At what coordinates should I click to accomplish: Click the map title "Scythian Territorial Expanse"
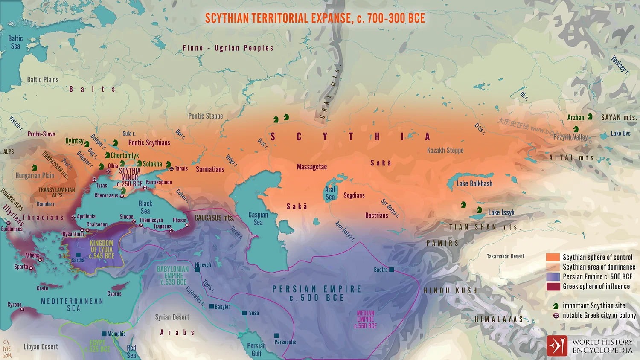pyautogui.click(x=315, y=18)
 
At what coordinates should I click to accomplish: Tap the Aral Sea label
pyautogui.click(x=330, y=193)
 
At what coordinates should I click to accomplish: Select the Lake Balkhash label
pyautogui.click(x=474, y=183)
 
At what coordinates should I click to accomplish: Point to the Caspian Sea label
pyautogui.click(x=258, y=218)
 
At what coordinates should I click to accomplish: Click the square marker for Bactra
pyautogui.click(x=391, y=270)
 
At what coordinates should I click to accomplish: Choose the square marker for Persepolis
pyautogui.click(x=277, y=336)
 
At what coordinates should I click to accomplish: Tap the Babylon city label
pyautogui.click(x=222, y=307)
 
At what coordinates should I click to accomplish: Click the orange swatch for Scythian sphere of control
pyautogui.click(x=553, y=257)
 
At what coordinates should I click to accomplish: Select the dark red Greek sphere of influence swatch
pyautogui.click(x=553, y=287)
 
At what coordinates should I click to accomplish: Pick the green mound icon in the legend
pyautogui.click(x=556, y=306)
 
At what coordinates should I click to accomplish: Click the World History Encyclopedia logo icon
pyautogui.click(x=557, y=346)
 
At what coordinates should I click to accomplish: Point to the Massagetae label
pyautogui.click(x=311, y=167)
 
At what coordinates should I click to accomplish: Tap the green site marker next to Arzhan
pyautogui.click(x=590, y=116)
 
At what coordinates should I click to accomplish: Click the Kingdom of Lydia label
pyautogui.click(x=102, y=250)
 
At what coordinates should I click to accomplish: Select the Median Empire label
pyautogui.click(x=366, y=319)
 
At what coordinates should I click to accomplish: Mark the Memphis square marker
pyautogui.click(x=104, y=334)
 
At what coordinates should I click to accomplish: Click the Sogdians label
pyautogui.click(x=354, y=195)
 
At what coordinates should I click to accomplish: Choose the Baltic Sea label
pyautogui.click(x=15, y=42)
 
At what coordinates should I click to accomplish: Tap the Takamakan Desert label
pyautogui.click(x=506, y=256)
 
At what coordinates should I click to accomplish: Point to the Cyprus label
pyautogui.click(x=114, y=293)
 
